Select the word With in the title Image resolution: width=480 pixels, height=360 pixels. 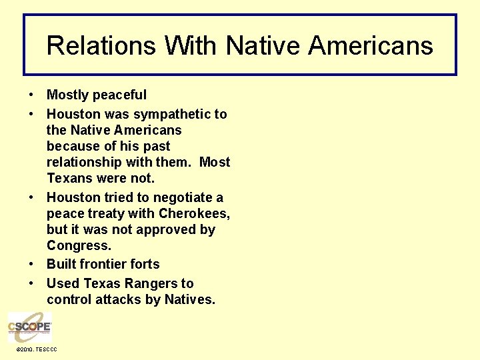tap(191, 46)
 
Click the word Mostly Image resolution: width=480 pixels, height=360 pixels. tap(69, 95)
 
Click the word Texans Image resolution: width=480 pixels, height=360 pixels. tap(70, 179)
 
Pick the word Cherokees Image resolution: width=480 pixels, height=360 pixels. tap(196, 214)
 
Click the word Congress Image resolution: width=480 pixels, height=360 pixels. tap(79, 246)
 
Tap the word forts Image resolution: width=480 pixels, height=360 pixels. tap(145, 264)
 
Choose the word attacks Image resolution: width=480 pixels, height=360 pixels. tap(118, 300)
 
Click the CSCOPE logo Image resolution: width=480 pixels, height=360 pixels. tap(29, 327)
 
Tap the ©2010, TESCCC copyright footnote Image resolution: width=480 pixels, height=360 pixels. tap(37, 349)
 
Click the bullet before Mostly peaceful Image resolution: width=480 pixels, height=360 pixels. tap(32, 95)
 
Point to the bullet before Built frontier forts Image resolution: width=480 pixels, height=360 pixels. tap(32, 264)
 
